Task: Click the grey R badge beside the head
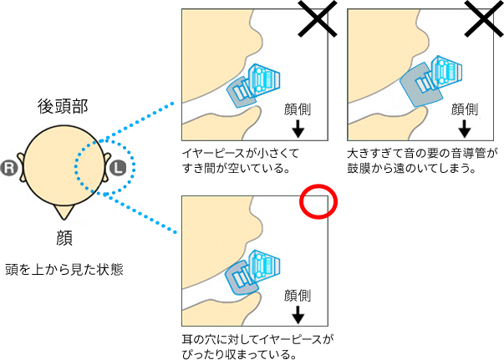[10, 168]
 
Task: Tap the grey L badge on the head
[118, 168]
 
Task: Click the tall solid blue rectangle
[152, 167]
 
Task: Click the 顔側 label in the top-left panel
[298, 109]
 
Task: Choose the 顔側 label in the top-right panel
[464, 109]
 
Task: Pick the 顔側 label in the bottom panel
[298, 295]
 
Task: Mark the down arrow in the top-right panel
[465, 129]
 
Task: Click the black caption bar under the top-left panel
[241, 160]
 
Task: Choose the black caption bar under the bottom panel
[257, 346]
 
